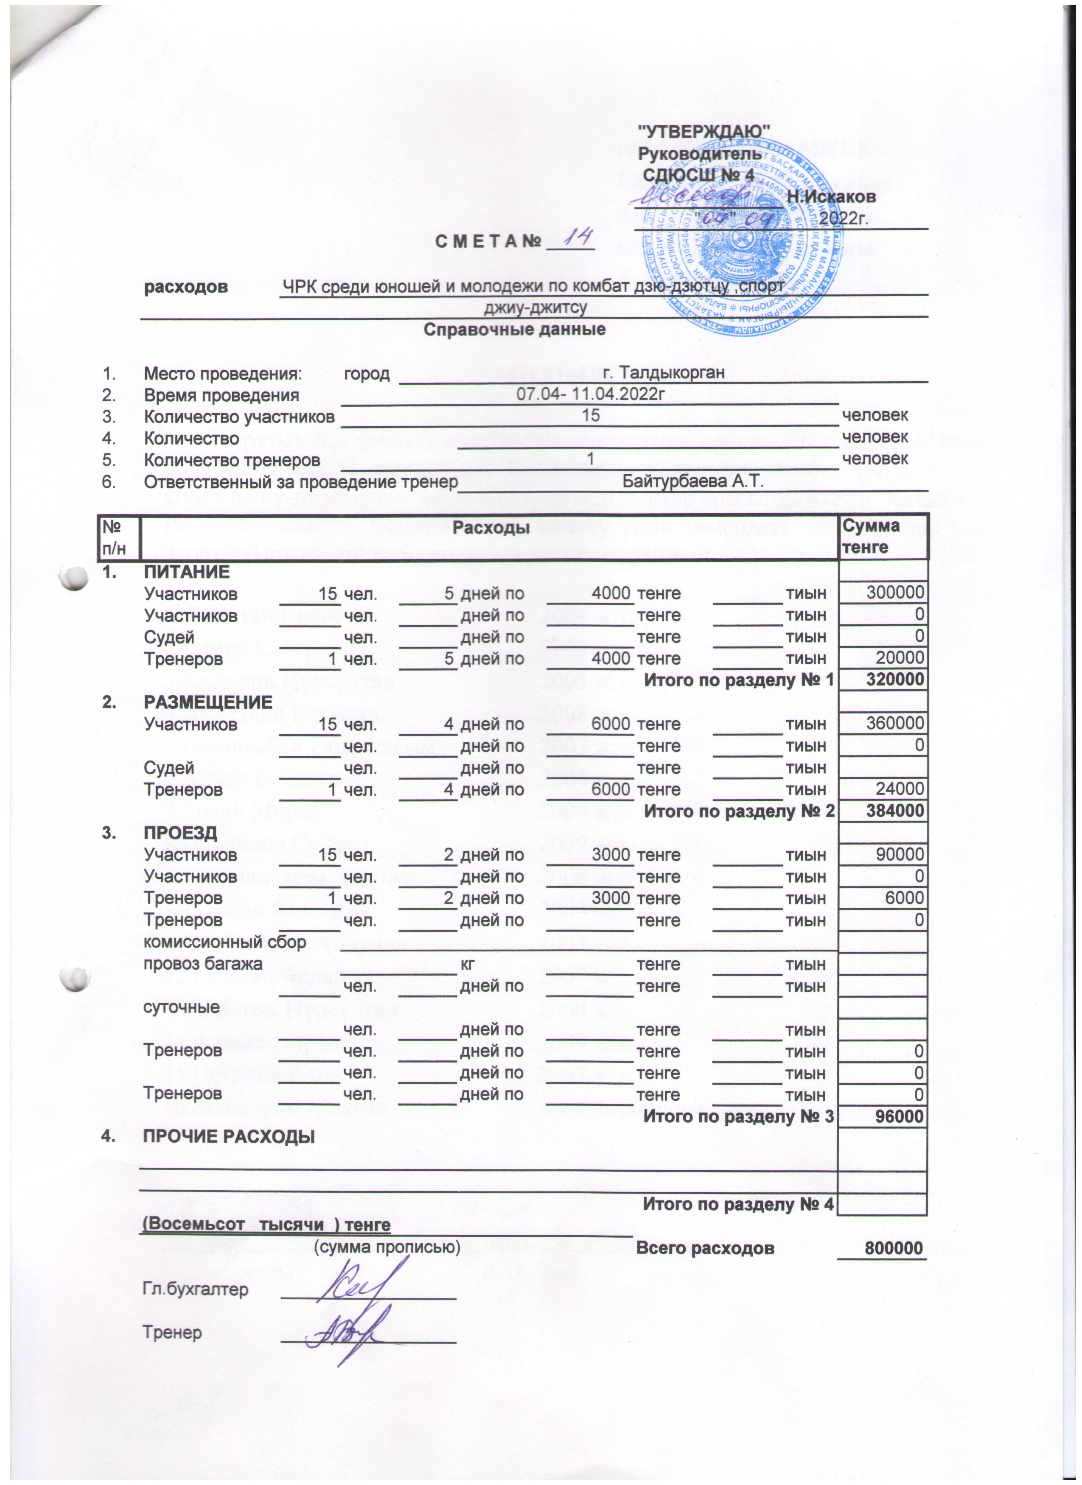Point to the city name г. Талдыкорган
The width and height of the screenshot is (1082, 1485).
663,373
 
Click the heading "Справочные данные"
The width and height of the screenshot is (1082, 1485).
514,329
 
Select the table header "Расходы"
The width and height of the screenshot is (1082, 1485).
491,526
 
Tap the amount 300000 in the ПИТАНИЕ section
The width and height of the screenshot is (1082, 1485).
895,594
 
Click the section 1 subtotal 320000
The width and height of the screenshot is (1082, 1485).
895,680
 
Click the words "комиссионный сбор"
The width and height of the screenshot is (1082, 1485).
224,942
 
